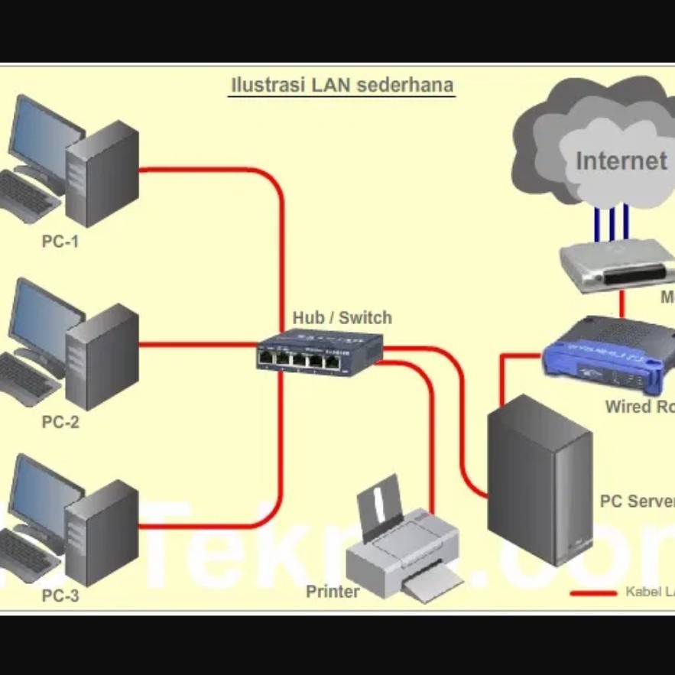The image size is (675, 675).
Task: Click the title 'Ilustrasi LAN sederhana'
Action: [x=342, y=85]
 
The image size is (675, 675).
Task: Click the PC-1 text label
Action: [x=60, y=242]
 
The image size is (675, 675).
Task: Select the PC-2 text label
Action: [x=60, y=421]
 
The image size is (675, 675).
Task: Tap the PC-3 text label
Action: [x=60, y=596]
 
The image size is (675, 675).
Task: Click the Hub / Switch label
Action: [x=342, y=318]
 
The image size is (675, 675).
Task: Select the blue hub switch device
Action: [x=319, y=352]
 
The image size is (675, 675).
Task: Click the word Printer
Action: [x=333, y=592]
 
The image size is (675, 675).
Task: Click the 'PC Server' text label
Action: [x=637, y=501]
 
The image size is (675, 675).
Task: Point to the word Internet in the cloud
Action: [x=621, y=161]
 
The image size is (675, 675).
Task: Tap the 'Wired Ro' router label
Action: [x=639, y=407]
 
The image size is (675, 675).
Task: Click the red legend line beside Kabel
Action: [x=593, y=592]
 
